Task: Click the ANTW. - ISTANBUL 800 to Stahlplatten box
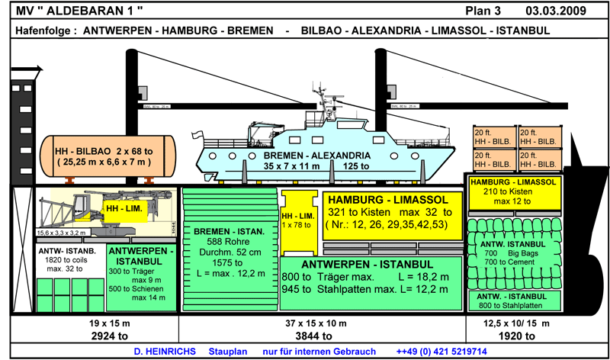[x=513, y=300]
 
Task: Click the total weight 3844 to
[x=321, y=335]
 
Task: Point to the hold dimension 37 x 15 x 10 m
[x=321, y=323]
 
